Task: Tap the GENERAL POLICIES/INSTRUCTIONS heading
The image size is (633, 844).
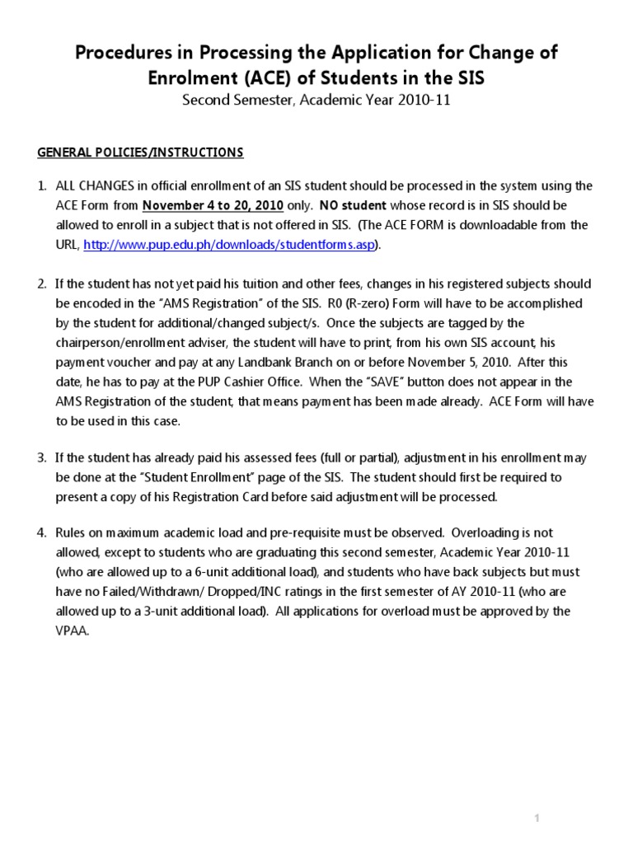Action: pos(141,152)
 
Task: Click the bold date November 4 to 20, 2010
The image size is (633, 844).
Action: pos(213,205)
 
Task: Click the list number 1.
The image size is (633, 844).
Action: pos(41,185)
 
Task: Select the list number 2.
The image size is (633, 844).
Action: pos(41,284)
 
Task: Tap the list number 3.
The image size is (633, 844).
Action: pos(41,457)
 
